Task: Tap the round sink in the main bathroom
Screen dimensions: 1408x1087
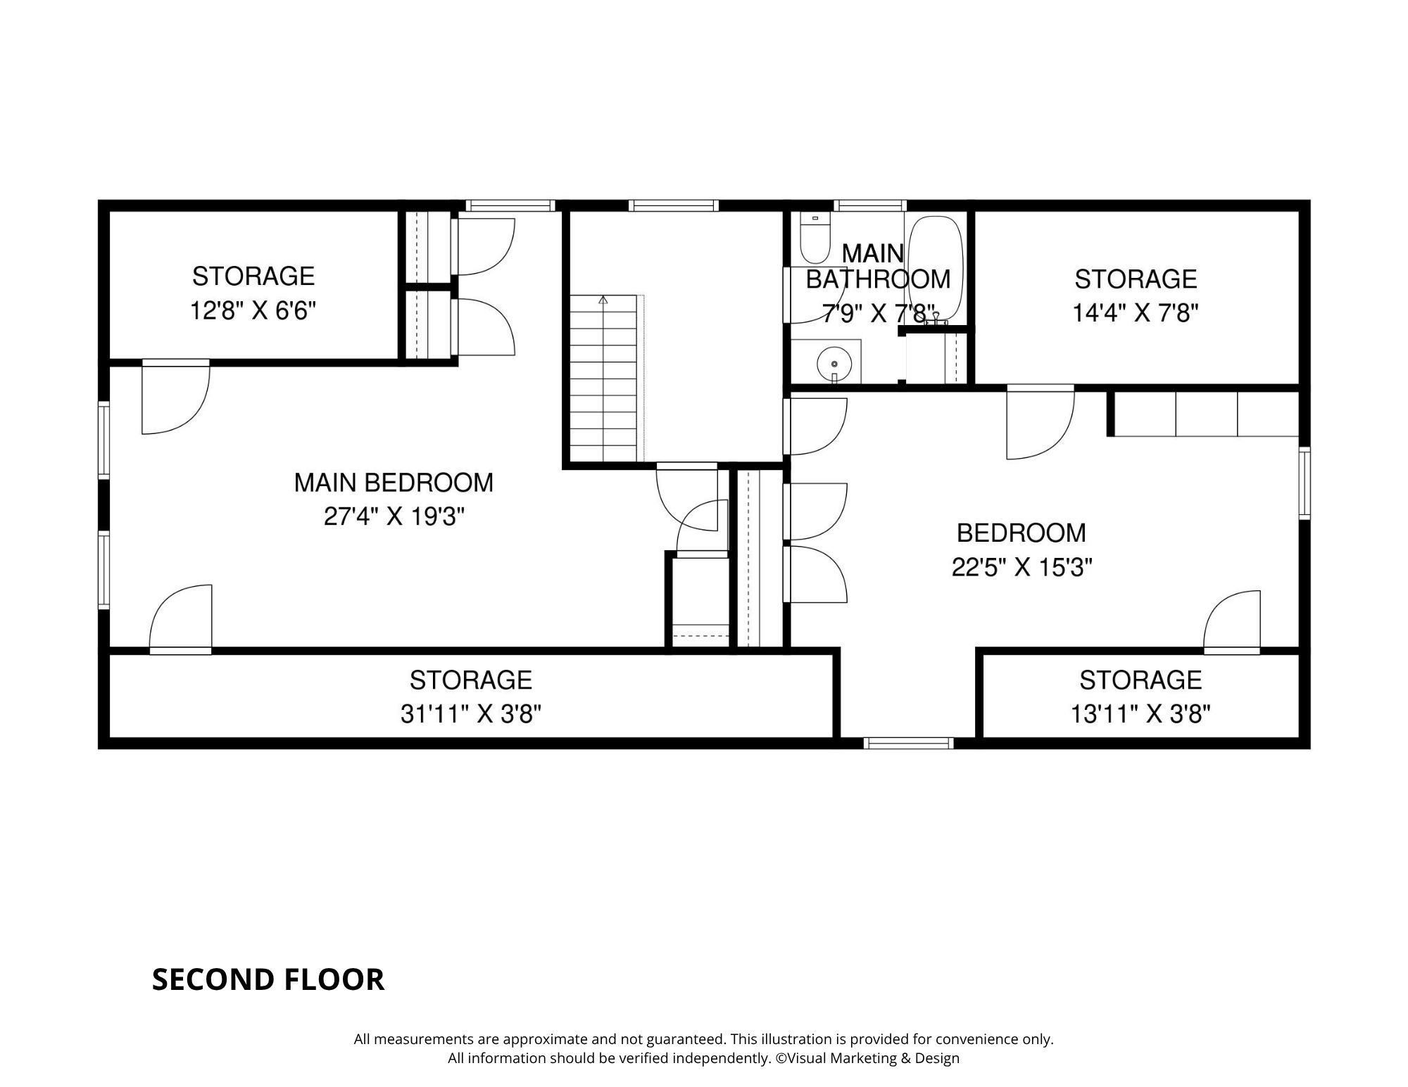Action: (x=834, y=364)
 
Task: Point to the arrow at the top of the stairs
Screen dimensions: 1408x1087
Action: (x=603, y=300)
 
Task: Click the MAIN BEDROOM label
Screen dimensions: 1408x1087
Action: (x=394, y=483)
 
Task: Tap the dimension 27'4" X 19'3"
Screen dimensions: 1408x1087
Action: (x=394, y=517)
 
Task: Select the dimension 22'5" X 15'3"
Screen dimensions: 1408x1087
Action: (x=1022, y=567)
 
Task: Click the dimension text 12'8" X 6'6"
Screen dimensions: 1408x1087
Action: (x=253, y=310)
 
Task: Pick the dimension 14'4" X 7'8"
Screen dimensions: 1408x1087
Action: (x=1136, y=312)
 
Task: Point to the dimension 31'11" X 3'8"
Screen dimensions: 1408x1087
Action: (x=471, y=714)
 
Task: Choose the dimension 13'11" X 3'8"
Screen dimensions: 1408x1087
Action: (x=1140, y=714)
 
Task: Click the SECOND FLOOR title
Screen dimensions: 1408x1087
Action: (x=268, y=979)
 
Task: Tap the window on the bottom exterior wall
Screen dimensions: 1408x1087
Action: (x=908, y=743)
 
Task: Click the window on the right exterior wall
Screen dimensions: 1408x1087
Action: (x=1305, y=483)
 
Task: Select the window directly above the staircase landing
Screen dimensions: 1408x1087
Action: (x=674, y=205)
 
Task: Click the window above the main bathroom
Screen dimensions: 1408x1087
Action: (x=870, y=205)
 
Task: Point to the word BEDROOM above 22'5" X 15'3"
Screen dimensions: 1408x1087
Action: (x=1022, y=533)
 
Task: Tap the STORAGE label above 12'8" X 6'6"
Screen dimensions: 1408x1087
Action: (x=253, y=276)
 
